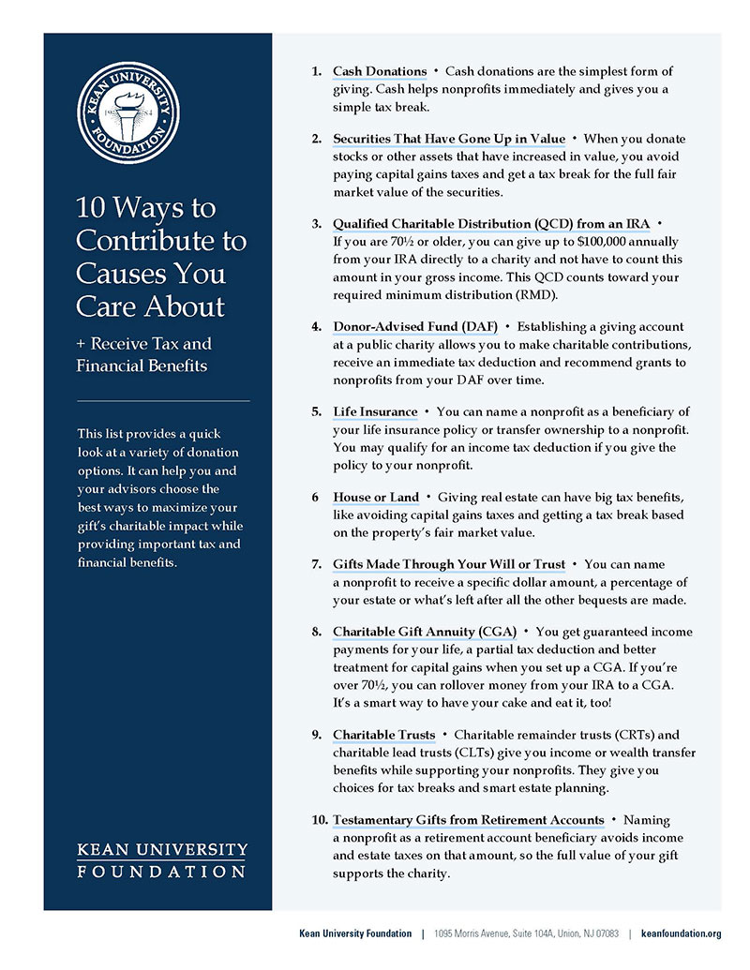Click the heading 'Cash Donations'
tap(380, 71)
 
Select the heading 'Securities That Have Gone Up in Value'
tap(449, 139)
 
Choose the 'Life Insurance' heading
tap(375, 411)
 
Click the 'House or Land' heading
tap(376, 496)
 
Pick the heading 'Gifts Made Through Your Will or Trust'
tap(449, 564)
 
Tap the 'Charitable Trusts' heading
tap(383, 735)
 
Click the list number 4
tap(317, 326)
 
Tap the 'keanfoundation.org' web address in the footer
tap(681, 933)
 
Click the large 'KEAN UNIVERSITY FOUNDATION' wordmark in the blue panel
tap(161, 859)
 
